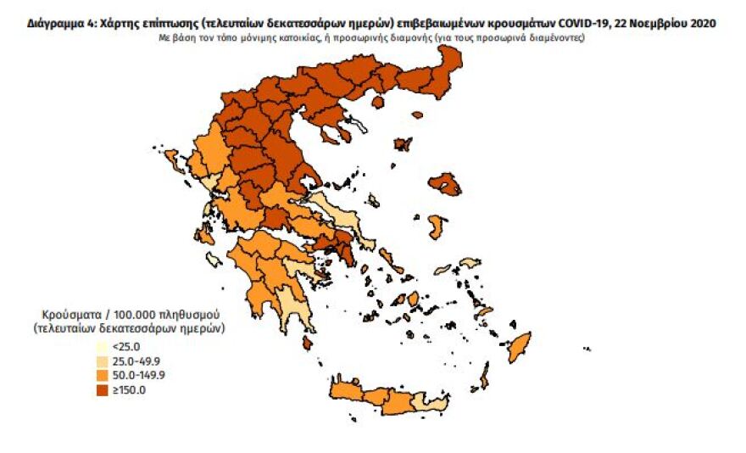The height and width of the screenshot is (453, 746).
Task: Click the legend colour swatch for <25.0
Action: (101, 346)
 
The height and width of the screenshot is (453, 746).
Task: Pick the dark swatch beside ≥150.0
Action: (101, 389)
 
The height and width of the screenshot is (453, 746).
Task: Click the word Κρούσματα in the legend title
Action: (63, 313)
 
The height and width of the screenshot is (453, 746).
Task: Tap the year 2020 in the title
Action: (700, 25)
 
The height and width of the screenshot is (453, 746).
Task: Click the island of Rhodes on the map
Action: (516, 344)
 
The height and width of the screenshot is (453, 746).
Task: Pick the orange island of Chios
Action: (437, 226)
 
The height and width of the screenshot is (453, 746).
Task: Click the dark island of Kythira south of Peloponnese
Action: (307, 342)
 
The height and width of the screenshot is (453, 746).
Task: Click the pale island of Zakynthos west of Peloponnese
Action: (211, 260)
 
